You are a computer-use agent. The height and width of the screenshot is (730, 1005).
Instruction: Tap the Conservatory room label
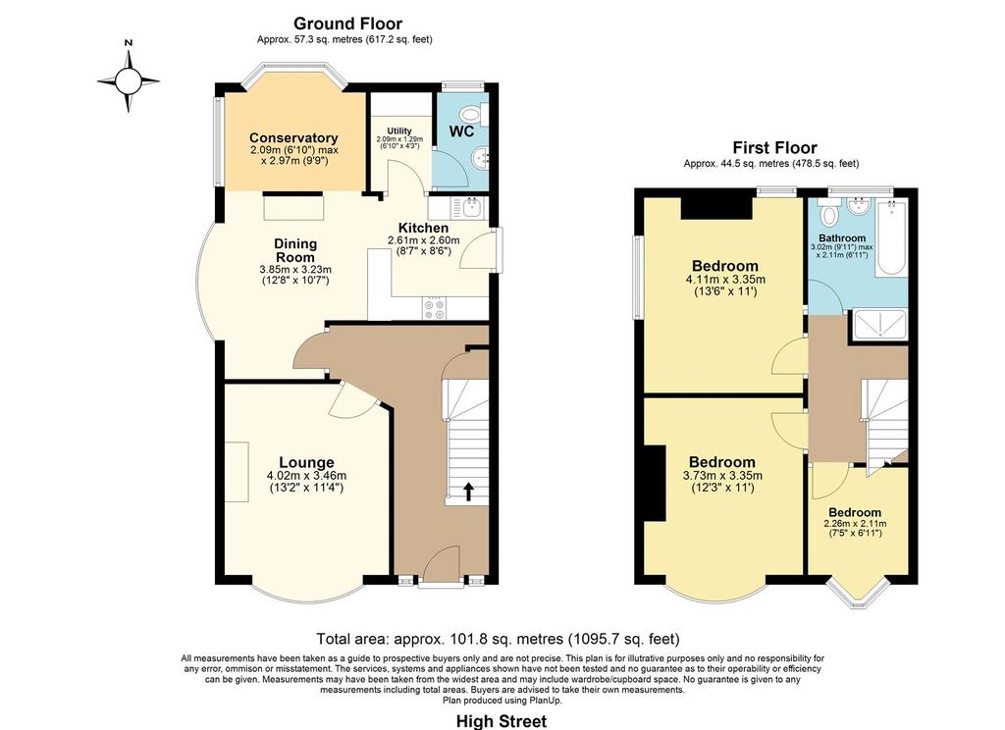tap(293, 137)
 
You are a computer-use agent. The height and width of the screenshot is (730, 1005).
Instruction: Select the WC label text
tap(461, 131)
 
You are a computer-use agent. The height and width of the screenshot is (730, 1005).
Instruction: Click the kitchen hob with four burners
tap(434, 309)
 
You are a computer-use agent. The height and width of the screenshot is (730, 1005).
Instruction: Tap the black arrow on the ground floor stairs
tap(468, 491)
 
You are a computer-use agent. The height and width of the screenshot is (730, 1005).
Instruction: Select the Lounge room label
tap(306, 462)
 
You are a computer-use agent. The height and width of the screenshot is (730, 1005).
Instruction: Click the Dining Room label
tap(295, 250)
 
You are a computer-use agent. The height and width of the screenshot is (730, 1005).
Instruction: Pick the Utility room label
tap(398, 130)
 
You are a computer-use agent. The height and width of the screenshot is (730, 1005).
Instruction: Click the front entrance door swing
tap(443, 563)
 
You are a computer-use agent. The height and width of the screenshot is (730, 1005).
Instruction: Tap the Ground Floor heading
tap(347, 24)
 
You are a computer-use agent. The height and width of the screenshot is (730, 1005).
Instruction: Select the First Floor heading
tap(775, 147)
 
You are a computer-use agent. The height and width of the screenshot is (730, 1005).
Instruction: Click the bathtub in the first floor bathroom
tap(891, 237)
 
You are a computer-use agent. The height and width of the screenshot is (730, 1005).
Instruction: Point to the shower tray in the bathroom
tap(878, 325)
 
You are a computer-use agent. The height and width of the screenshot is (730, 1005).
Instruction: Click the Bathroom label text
tap(842, 237)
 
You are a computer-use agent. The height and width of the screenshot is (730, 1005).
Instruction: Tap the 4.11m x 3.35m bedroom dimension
tap(725, 280)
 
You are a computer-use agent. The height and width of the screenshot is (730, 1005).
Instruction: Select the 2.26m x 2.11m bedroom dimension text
tap(855, 524)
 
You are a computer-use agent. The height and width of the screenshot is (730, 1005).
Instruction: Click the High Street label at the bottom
tap(502, 721)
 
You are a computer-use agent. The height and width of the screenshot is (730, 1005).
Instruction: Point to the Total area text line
tap(498, 639)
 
